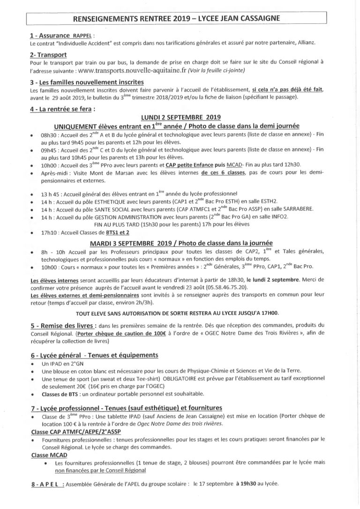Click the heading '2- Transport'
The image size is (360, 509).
point(47,54)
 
